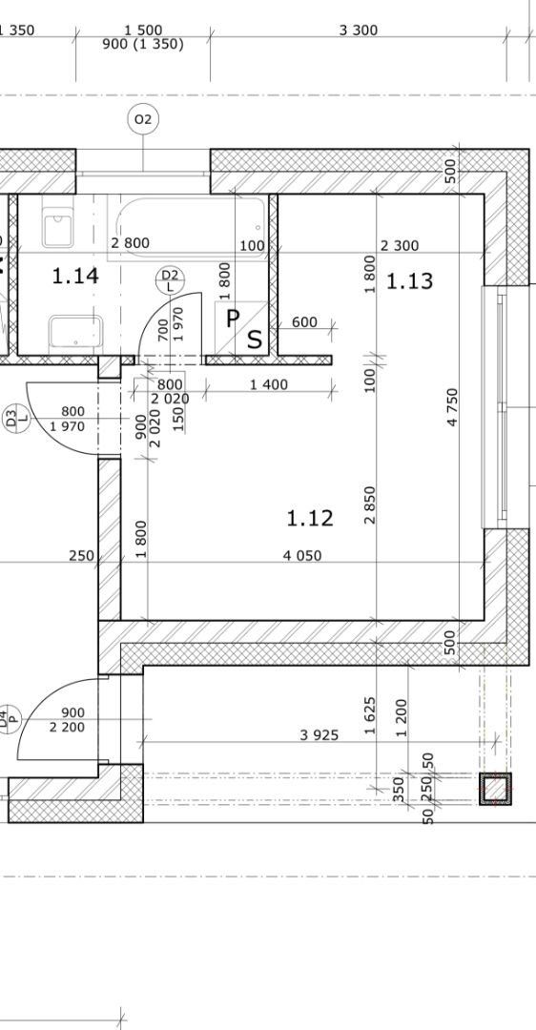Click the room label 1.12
(310, 518)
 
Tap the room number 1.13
(409, 281)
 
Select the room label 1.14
(75, 276)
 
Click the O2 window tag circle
(142, 119)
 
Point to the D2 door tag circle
(170, 279)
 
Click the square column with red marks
(495, 789)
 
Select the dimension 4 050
(302, 556)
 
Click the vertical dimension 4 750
(452, 407)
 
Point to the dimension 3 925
(320, 735)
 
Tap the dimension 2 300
(400, 246)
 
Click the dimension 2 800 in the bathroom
(130, 243)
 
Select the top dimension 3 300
(359, 31)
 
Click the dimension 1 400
(269, 385)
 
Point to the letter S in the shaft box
(255, 340)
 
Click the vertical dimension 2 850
(370, 505)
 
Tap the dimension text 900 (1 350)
(143, 45)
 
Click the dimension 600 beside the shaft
(304, 322)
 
